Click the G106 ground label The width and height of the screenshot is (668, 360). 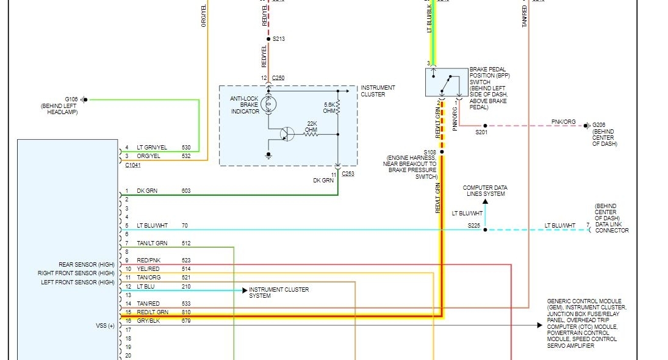71,99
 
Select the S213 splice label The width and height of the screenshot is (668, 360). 279,38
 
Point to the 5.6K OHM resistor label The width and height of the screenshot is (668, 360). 330,107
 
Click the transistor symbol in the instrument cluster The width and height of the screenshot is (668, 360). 286,134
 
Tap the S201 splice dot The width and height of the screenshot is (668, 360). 486,126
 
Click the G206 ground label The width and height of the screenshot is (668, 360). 600,125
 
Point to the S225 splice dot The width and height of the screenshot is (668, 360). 486,230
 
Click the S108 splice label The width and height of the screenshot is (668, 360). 429,152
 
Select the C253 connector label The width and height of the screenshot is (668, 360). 348,174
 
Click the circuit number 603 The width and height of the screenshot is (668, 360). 186,191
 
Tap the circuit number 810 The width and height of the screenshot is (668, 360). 186,312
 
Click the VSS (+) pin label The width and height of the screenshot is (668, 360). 105,326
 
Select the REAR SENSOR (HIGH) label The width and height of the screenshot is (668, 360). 86,264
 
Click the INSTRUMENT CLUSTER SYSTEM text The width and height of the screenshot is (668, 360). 279,293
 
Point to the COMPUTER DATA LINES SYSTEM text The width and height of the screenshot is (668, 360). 485,191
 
